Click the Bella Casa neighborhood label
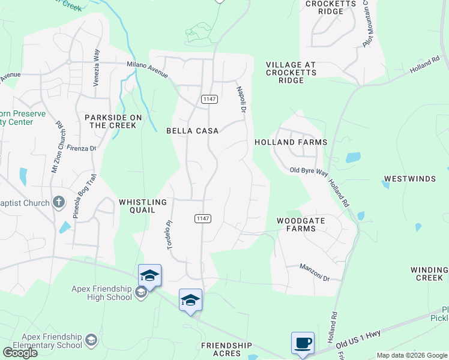[x=192, y=131]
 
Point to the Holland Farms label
[x=291, y=142]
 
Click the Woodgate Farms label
[x=301, y=224]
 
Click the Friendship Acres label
[x=226, y=350]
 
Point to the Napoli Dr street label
[x=244, y=97]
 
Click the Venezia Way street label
[x=96, y=69]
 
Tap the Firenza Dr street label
[x=82, y=148]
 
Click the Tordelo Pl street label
[x=170, y=235]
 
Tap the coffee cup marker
[x=303, y=343]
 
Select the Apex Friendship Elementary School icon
[x=91, y=341]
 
